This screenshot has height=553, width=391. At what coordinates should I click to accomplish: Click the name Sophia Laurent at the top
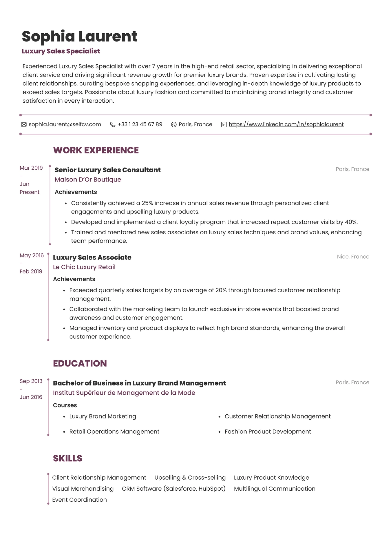(x=79, y=37)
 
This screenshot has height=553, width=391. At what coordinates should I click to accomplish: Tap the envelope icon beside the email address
(x=24, y=124)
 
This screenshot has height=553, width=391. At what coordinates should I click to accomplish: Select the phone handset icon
(x=113, y=124)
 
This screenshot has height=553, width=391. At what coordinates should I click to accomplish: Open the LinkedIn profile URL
(x=286, y=124)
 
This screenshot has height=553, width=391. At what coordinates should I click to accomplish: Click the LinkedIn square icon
(x=224, y=124)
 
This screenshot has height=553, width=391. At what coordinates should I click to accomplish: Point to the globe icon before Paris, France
(x=174, y=124)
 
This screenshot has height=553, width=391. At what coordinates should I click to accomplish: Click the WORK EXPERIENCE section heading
(x=96, y=150)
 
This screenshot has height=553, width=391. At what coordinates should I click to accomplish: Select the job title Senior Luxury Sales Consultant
(x=107, y=170)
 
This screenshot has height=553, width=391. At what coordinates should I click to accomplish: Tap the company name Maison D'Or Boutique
(x=88, y=180)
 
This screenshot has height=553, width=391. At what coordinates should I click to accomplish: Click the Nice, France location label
(x=353, y=257)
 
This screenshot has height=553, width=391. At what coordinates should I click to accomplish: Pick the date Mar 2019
(x=31, y=168)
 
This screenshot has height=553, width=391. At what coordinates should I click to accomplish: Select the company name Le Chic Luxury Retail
(x=84, y=267)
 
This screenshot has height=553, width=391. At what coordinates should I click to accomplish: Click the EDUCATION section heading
(x=80, y=363)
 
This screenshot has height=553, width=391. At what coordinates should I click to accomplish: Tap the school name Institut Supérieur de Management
(x=124, y=393)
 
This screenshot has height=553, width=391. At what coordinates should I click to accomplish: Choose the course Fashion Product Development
(x=268, y=431)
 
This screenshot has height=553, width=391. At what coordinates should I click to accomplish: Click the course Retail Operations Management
(x=114, y=431)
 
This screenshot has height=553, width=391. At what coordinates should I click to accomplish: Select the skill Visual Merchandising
(x=83, y=489)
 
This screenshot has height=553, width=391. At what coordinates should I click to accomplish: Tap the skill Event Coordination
(x=79, y=500)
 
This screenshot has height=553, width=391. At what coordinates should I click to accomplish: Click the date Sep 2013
(x=31, y=381)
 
